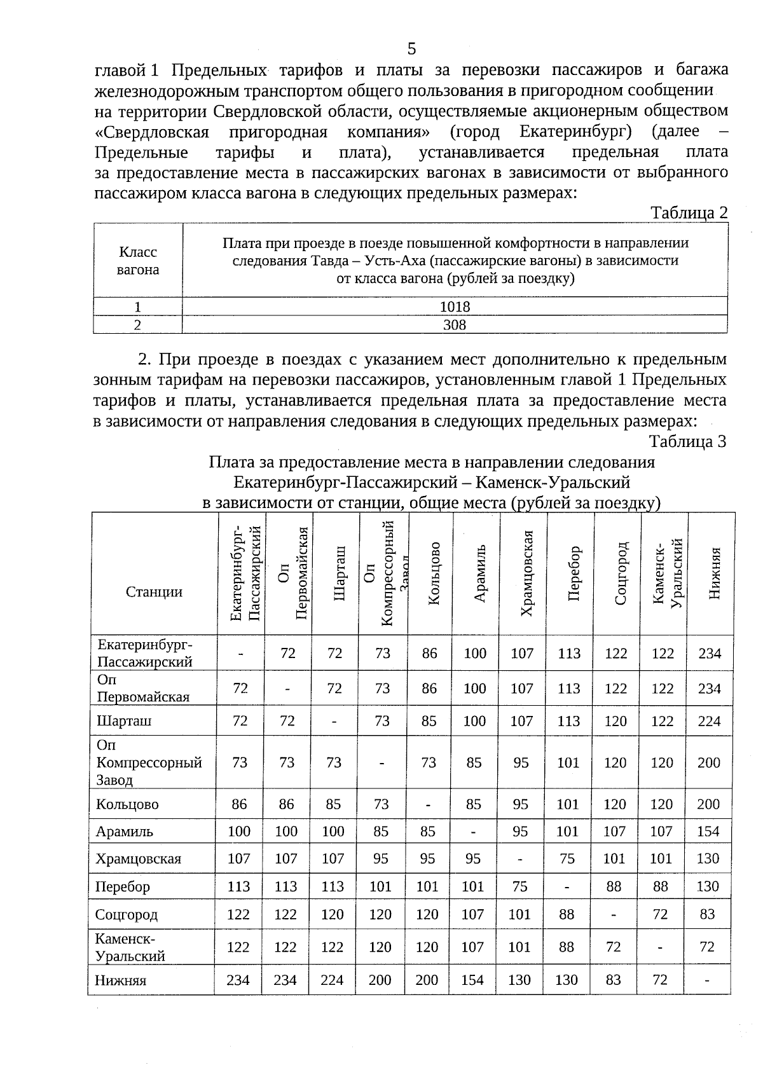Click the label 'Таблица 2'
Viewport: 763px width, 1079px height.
coord(689,213)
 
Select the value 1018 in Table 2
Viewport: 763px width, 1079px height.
coord(455,306)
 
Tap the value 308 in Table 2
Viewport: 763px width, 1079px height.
coord(455,325)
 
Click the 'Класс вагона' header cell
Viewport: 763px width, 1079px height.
coord(138,261)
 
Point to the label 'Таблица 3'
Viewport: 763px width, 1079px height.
coord(687,441)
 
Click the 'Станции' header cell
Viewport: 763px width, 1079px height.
coord(154,592)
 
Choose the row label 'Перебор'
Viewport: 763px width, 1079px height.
coord(123,886)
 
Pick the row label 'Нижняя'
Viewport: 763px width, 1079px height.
coord(121,980)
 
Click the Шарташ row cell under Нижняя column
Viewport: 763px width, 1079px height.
coord(709,721)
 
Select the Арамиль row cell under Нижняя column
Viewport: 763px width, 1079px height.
coord(708,831)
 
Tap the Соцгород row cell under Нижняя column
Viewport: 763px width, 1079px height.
coord(707,914)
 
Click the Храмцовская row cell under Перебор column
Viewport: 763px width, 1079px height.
coord(567,859)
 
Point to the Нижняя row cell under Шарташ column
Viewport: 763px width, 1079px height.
coord(333,980)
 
